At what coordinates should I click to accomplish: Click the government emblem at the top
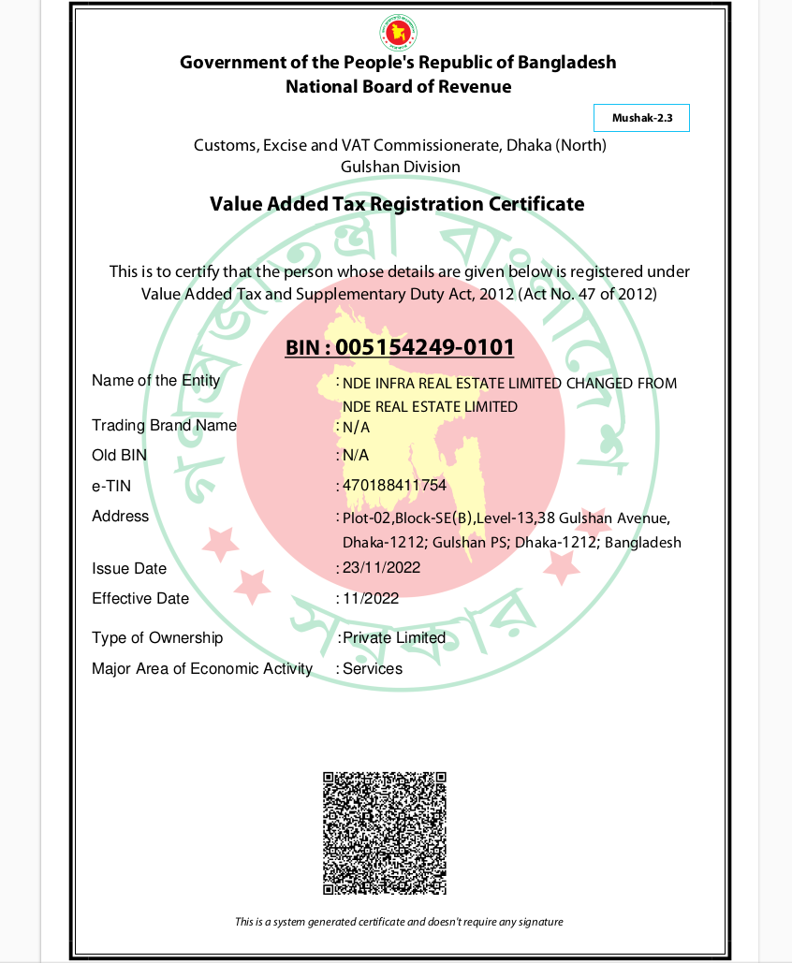[398, 33]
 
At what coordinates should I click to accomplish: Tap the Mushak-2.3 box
[641, 118]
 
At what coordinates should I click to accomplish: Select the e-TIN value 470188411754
[394, 486]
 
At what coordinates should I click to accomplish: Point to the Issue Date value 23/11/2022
[381, 568]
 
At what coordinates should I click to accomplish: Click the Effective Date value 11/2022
[371, 598]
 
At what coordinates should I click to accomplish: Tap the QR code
[385, 833]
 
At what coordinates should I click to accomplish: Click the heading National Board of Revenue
[398, 87]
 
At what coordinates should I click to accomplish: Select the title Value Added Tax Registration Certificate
[397, 204]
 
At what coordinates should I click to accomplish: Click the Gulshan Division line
[400, 167]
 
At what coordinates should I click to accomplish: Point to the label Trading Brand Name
[164, 425]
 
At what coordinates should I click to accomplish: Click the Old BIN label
[119, 456]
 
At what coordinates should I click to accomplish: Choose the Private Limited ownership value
[394, 637]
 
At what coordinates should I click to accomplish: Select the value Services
[373, 668]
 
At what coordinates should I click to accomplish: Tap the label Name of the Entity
[155, 380]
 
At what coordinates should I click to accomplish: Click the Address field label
[120, 516]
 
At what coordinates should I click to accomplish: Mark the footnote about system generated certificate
[399, 922]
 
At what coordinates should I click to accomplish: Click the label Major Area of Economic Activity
[201, 668]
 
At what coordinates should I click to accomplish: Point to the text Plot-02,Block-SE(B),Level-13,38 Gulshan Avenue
[506, 518]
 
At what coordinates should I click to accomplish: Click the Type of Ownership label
[157, 637]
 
